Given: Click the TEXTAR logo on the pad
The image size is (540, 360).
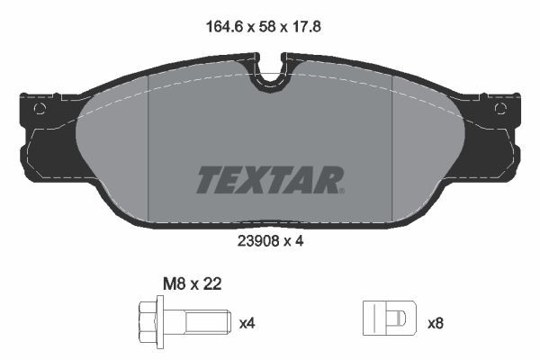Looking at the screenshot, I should (x=269, y=180).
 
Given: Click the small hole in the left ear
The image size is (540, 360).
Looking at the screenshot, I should (x=39, y=109).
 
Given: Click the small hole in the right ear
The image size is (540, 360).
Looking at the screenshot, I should (x=501, y=109).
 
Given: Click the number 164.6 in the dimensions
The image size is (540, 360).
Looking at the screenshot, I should (x=221, y=28).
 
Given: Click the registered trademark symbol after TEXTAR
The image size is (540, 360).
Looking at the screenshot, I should (x=341, y=190).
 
